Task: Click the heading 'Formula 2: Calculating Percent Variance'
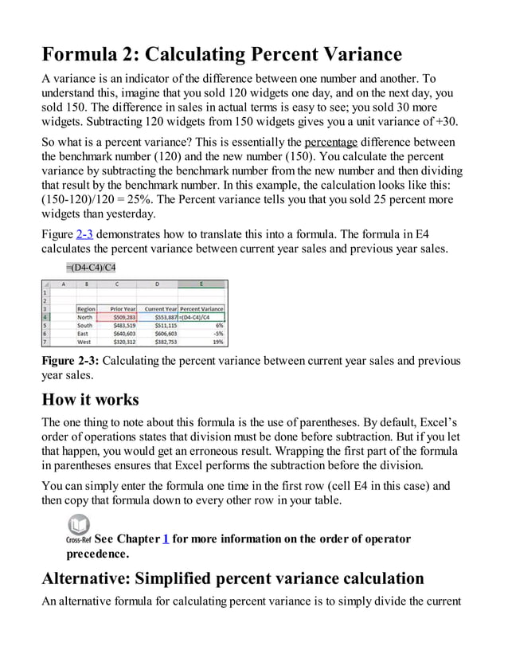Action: coord(222,55)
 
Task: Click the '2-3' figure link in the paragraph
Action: coord(84,234)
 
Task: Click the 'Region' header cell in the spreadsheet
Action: coord(86,308)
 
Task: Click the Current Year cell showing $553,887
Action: coord(161,316)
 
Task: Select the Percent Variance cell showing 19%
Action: coord(202,341)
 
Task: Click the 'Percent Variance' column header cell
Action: coord(202,308)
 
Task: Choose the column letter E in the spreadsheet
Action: coord(202,284)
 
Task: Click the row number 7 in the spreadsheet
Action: coord(47,341)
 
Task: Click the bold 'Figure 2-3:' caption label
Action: coord(71,362)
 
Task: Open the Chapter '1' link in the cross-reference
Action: coord(166,539)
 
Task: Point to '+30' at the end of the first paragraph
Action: coord(447,121)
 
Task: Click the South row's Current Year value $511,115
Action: coord(161,325)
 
